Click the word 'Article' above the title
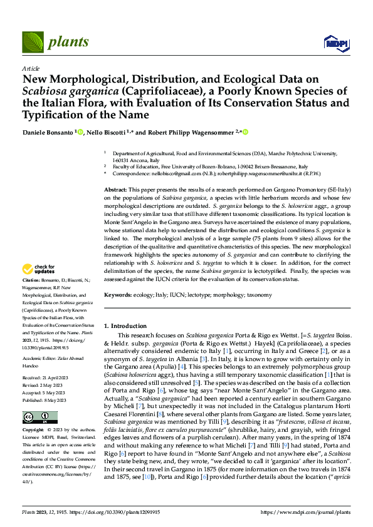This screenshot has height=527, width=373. click(30, 68)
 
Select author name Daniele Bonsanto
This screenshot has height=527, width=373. click(48, 132)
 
